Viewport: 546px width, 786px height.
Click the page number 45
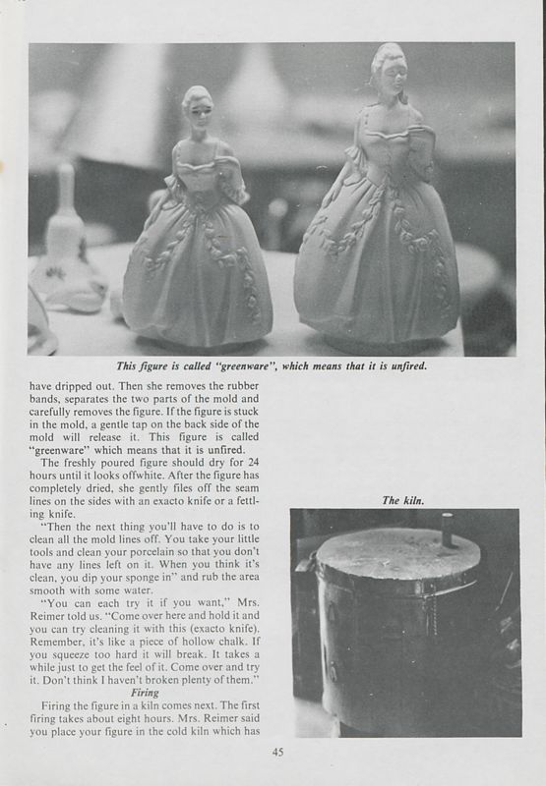click(275, 753)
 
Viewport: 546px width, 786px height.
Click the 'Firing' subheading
click(146, 691)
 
